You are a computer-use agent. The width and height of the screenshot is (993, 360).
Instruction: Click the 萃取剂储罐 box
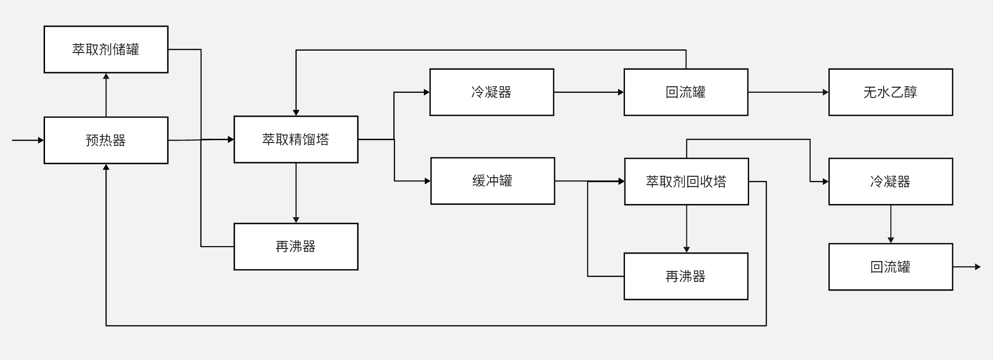106,49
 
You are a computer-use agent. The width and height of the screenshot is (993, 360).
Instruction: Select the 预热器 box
106,140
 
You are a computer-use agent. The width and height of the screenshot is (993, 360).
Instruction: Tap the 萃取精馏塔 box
296,139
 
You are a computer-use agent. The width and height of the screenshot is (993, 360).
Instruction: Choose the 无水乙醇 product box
890,92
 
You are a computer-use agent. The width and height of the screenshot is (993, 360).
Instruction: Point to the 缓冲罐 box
492,181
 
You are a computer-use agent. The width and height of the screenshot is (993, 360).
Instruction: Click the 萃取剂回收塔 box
686,181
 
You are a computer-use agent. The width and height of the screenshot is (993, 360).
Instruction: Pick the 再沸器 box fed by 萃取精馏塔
296,247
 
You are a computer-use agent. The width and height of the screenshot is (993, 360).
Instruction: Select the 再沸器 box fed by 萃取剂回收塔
686,276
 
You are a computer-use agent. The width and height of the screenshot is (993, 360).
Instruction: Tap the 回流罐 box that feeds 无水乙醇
686,92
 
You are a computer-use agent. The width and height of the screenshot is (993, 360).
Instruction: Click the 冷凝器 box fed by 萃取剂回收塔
890,181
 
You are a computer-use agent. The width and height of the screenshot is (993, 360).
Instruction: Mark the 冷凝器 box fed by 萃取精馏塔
492,92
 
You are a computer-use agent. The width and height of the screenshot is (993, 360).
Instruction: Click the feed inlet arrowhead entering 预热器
41,140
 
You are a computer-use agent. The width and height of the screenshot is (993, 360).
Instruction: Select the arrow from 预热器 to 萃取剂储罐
106,95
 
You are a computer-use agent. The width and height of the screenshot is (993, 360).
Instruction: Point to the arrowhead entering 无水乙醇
826,92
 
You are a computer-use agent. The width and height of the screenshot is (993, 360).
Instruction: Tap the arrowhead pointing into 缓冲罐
428,181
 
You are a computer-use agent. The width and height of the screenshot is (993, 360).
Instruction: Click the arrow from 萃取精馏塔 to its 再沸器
296,193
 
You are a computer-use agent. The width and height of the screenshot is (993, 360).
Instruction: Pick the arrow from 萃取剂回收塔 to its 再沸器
686,229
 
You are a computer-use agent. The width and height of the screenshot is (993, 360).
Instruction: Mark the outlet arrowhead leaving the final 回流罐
978,267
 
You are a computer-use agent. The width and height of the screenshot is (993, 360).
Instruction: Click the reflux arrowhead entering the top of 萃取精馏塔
296,113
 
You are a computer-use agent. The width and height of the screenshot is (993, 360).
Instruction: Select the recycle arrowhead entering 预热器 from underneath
106,167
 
